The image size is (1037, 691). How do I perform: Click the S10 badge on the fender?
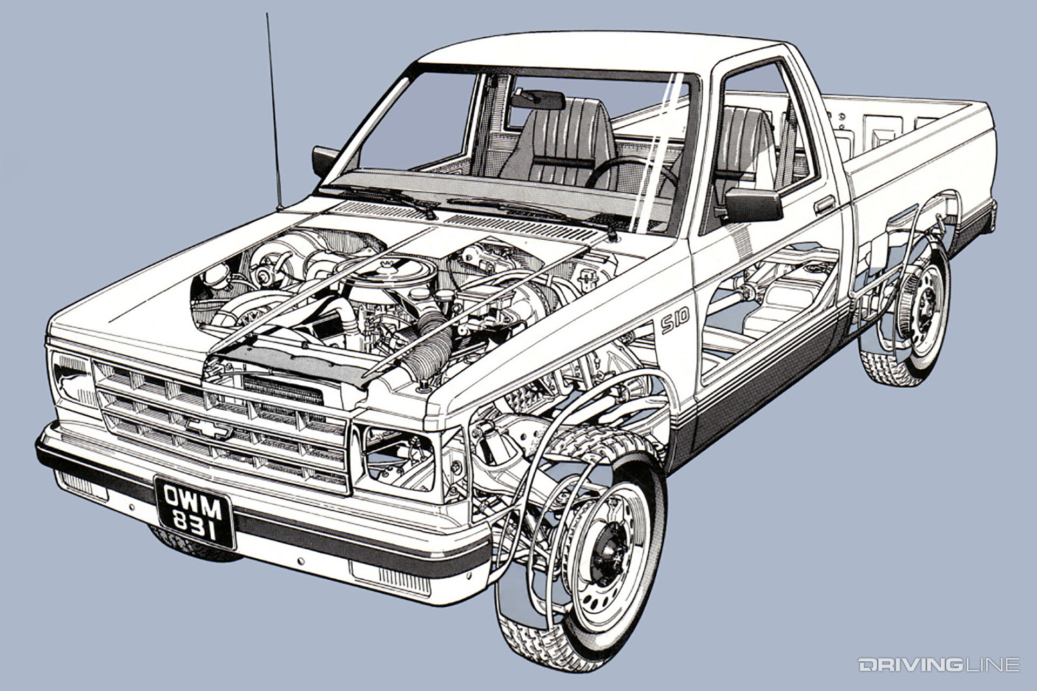click(675, 321)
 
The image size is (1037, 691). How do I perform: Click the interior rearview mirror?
click(538, 100)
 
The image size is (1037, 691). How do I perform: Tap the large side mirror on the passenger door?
click(753, 205)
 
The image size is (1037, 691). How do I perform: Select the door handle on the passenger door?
click(825, 204)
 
